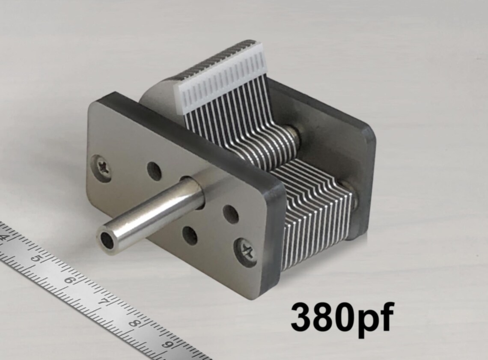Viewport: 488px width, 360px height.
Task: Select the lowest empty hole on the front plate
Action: (190, 235)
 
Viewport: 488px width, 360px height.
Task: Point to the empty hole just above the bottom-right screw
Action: (231, 214)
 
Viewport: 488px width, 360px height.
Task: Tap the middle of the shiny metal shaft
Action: (154, 214)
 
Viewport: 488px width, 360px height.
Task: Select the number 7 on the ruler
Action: (102, 302)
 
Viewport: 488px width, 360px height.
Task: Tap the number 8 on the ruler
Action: (134, 323)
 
